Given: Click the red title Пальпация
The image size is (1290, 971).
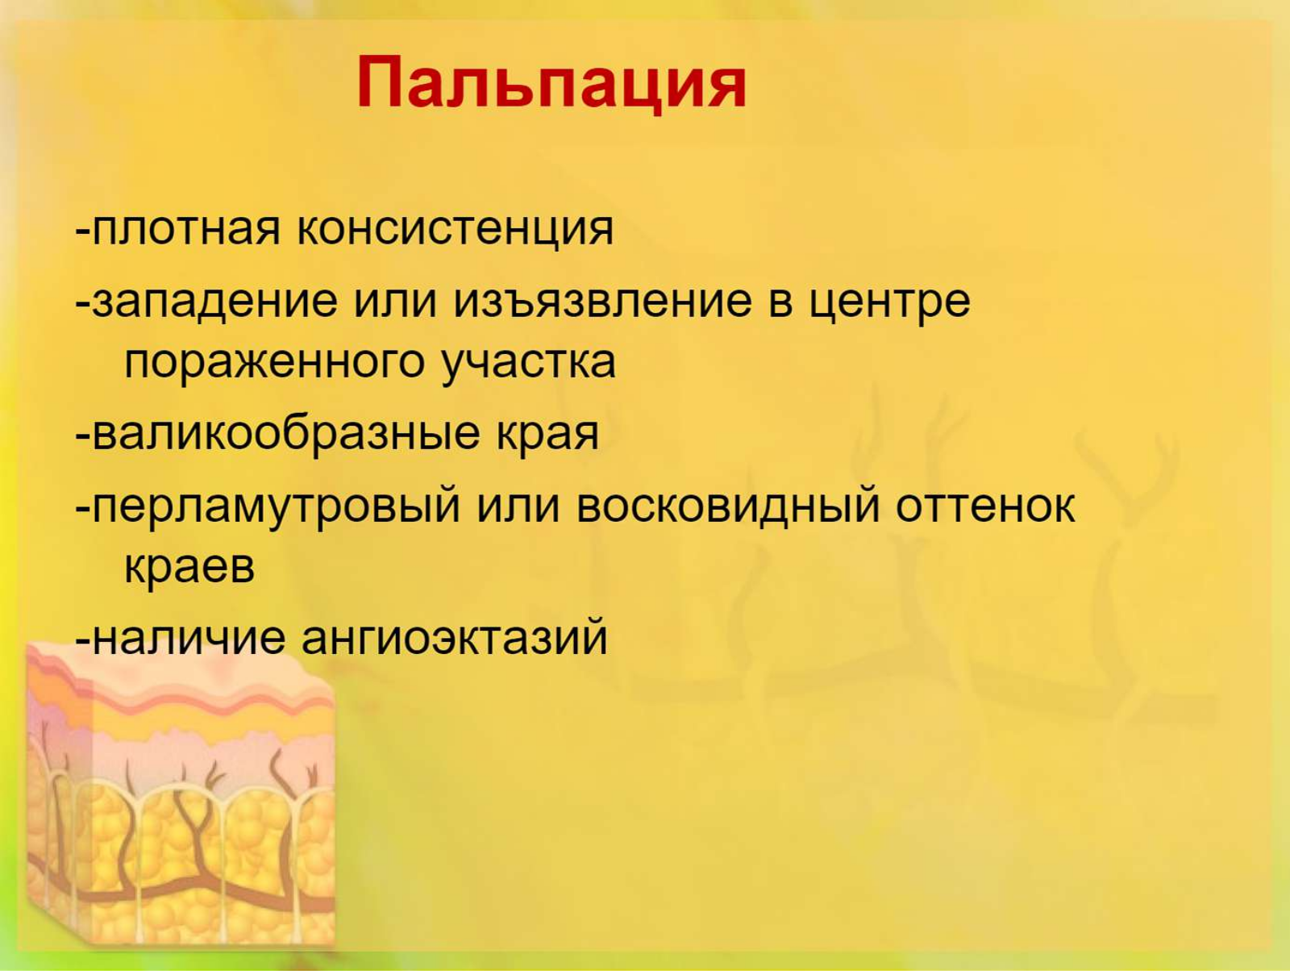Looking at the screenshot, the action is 551,83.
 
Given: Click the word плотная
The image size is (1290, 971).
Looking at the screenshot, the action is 185,229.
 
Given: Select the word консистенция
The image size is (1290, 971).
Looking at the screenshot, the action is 455,229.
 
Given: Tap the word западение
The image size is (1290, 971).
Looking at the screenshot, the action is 215,302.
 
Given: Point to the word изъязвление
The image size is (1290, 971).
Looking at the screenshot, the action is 602,302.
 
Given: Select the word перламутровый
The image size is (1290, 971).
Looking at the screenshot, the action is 277,506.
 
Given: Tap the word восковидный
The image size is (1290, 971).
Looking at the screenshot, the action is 728,506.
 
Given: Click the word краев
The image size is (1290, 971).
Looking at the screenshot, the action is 189,567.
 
